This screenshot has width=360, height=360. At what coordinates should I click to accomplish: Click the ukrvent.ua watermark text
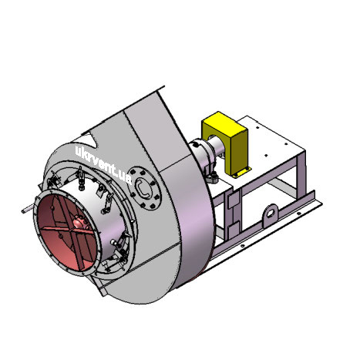pos(103,163)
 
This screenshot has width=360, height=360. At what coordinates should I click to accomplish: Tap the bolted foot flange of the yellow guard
pos(241,172)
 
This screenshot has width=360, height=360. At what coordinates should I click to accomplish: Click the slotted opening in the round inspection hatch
pos(142,188)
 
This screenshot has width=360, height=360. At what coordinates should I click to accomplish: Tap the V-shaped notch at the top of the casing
pos(93,140)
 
